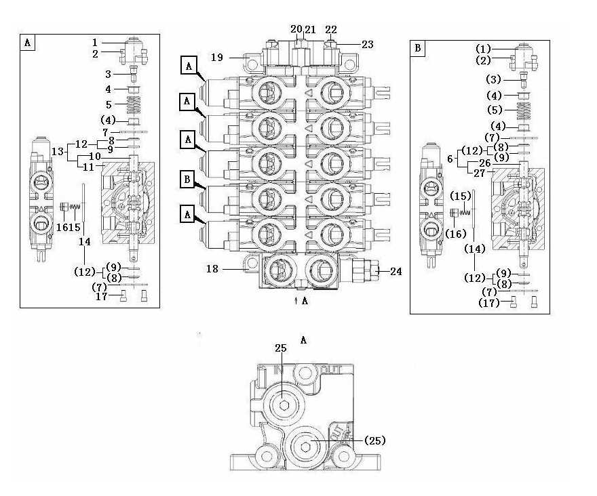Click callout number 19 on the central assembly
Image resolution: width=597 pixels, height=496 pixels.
click(x=217, y=58)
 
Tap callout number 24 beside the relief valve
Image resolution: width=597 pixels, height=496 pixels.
click(x=396, y=271)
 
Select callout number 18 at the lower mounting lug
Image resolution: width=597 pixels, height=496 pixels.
click(x=212, y=269)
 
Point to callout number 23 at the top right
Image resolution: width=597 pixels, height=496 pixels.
click(x=368, y=45)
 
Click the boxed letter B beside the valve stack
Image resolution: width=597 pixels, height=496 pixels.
click(x=187, y=179)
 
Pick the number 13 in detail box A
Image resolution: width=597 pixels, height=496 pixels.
click(x=58, y=152)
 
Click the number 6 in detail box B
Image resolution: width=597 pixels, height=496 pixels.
click(x=450, y=159)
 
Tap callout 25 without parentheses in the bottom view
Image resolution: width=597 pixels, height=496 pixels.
click(x=281, y=348)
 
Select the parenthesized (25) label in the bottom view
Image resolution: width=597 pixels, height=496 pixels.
click(x=375, y=440)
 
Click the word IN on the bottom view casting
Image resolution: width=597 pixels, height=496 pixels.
click(x=279, y=370)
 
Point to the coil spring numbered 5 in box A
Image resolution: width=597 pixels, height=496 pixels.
click(x=133, y=104)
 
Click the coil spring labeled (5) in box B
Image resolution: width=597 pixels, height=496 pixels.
click(x=524, y=110)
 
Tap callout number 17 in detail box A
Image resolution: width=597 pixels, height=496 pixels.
click(x=101, y=296)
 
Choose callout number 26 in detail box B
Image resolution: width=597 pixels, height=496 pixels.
click(x=485, y=163)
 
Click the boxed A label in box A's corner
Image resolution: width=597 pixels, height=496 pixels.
click(x=27, y=42)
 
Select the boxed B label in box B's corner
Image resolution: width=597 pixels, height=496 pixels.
click(x=418, y=48)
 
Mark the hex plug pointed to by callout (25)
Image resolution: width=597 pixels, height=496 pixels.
click(x=306, y=445)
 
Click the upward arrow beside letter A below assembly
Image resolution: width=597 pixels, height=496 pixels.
click(x=296, y=301)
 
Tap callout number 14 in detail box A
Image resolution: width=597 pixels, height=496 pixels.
click(x=85, y=241)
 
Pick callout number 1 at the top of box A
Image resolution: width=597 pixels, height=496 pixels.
click(x=95, y=43)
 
